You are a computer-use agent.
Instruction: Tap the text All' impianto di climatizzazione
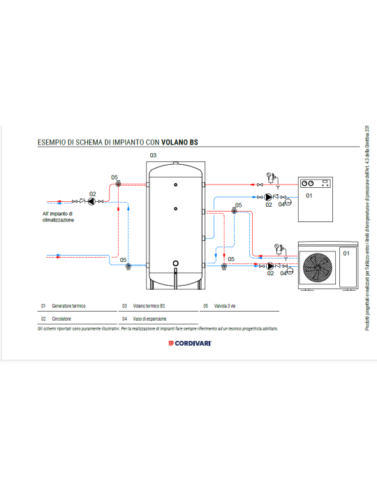(57, 217)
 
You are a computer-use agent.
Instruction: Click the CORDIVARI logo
(189, 343)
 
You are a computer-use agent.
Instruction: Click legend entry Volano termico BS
(149, 306)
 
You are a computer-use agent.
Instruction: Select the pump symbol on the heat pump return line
(269, 265)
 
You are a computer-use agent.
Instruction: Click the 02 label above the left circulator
(92, 193)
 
